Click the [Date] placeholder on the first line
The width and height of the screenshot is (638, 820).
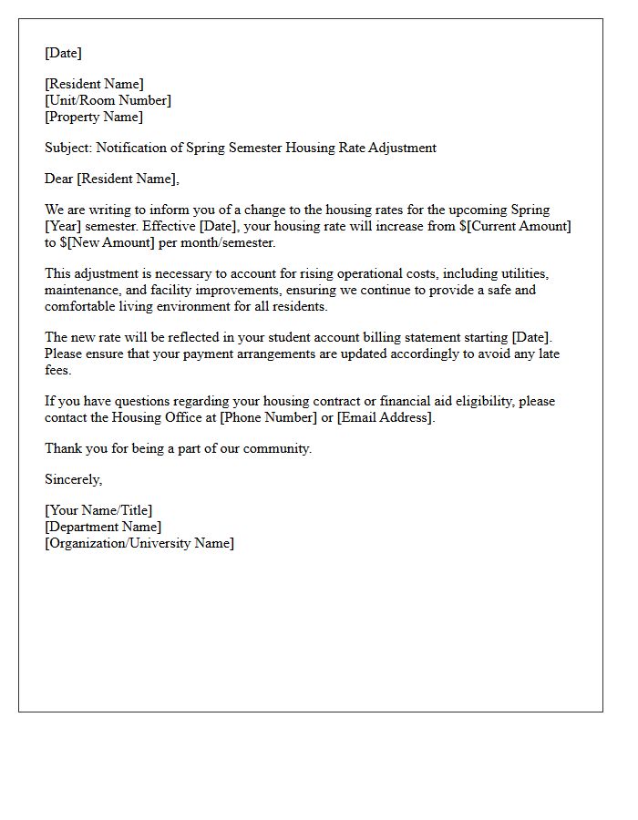63,53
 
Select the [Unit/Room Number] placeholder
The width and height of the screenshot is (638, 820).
108,100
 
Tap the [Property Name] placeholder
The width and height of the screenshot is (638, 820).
94,117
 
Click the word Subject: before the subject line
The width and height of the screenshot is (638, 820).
68,148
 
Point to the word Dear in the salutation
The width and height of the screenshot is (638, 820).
58,179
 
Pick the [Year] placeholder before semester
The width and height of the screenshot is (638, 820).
63,226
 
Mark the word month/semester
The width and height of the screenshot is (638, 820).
232,242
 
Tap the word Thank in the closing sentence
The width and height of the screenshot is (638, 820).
62,448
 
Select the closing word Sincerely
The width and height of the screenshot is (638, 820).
74,479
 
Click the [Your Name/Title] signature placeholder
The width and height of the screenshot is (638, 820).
98,510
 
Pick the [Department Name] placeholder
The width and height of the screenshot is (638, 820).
103,527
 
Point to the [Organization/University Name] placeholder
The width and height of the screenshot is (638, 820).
139,543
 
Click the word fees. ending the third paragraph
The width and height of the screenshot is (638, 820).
59,370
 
